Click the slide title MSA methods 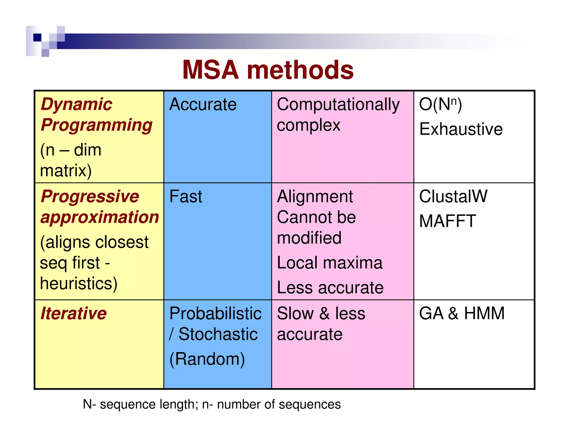[268, 70]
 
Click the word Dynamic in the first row [76, 104]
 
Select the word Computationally [338, 105]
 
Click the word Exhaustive [461, 129]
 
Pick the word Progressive [90, 196]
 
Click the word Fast [186, 196]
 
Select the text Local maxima [330, 263]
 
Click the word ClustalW [453, 196]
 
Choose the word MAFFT [448, 221]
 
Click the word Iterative [74, 313]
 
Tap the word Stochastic [218, 334]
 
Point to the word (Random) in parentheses [207, 359]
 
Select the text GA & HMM [462, 313]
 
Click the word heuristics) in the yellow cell [79, 283]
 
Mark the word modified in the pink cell [309, 238]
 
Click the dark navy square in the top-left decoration [37, 37]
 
